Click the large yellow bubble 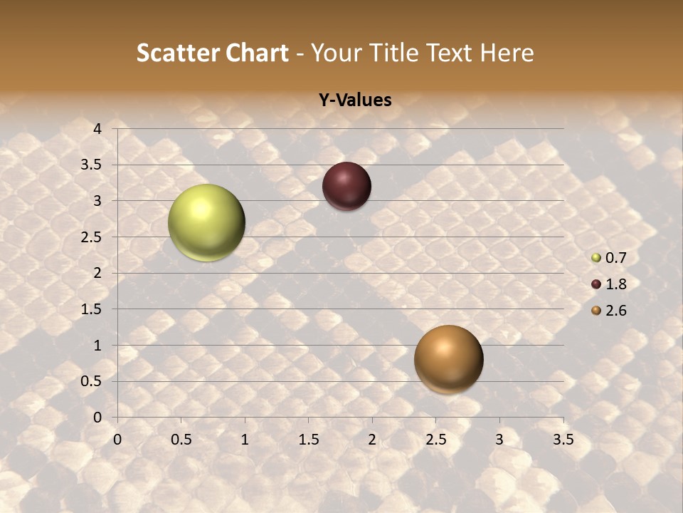pos(206,222)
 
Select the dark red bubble pos(346,186)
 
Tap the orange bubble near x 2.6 pos(448,359)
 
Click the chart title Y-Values pos(355,100)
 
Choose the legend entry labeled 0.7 pos(615,258)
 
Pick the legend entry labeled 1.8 pos(615,284)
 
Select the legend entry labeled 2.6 pos(615,311)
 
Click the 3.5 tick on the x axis pos(563,440)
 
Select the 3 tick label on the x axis pos(499,440)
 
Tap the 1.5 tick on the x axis pos(308,440)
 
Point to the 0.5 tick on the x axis pos(181,440)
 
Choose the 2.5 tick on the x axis pos(435,440)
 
